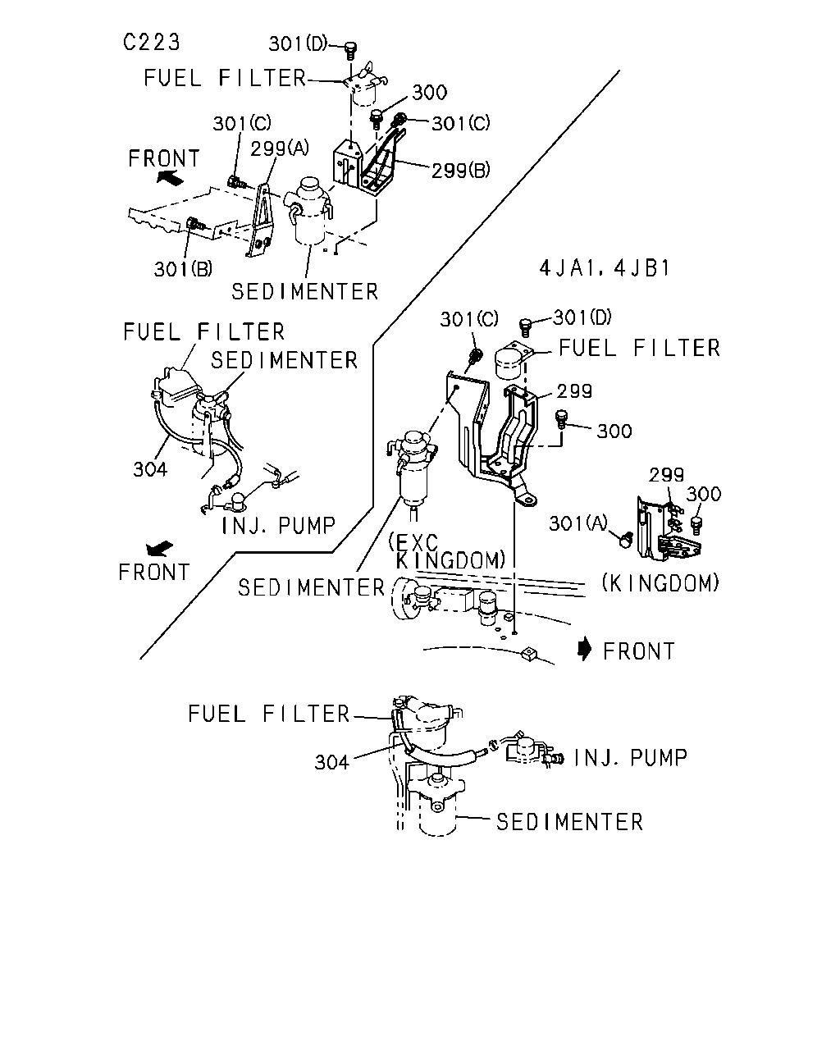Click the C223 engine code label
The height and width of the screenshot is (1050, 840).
coord(151,42)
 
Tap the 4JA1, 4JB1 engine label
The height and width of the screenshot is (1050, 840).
coord(605,268)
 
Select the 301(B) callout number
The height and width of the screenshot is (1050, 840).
coord(183,269)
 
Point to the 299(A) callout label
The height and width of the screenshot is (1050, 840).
coord(280,148)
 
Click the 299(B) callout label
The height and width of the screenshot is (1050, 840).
coord(460,171)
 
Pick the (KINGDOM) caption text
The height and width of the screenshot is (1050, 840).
coord(660,583)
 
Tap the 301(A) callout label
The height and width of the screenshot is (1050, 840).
coord(577,523)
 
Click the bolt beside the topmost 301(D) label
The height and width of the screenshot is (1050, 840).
coord(350,50)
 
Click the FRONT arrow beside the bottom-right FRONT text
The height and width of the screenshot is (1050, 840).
coord(584,650)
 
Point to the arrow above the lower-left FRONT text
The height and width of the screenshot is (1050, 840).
coord(160,549)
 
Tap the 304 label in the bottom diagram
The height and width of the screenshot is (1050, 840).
coord(332,762)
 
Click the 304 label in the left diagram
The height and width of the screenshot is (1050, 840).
coord(150,469)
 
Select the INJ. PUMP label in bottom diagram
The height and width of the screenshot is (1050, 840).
coord(630,758)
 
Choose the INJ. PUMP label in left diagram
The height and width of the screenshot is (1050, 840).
coord(279,526)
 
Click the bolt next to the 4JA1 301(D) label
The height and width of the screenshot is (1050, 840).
coord(525,327)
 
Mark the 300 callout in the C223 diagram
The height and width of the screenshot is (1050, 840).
coord(430,93)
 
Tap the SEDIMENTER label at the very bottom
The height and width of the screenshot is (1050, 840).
coord(569,822)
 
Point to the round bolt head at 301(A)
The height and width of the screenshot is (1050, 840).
coord(625,540)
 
